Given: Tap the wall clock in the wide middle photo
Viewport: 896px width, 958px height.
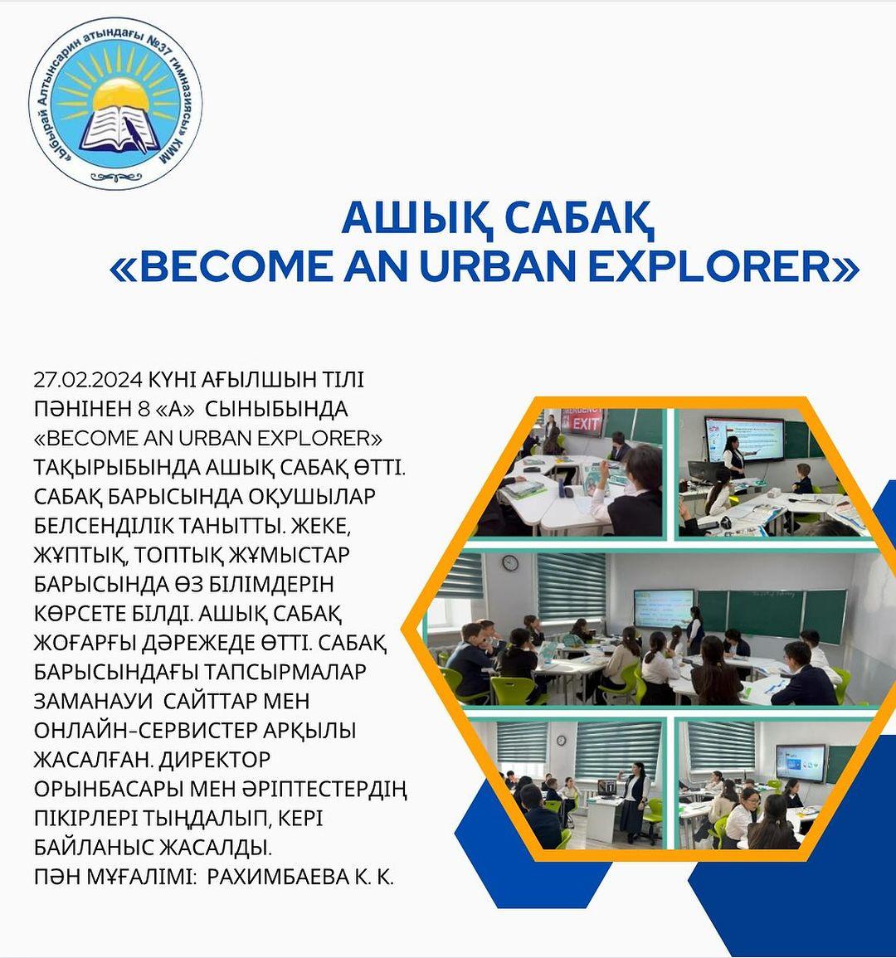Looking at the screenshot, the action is coord(509,562).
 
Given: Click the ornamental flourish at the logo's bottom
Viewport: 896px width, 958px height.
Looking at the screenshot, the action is coord(115,177).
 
